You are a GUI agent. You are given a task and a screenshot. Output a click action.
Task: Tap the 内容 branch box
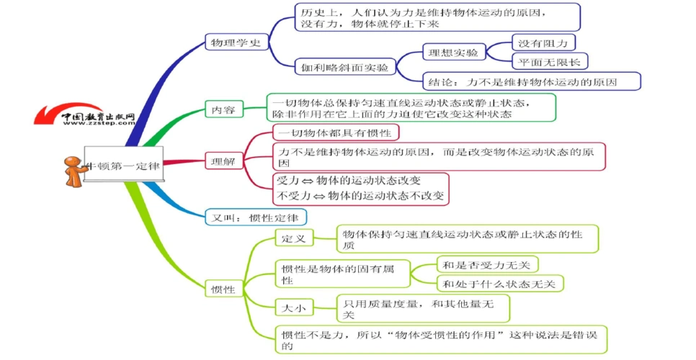pyautogui.click(x=223, y=110)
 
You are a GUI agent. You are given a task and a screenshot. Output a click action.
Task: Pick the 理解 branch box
pyautogui.click(x=223, y=162)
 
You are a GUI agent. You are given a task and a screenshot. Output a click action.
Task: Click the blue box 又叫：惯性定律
pyautogui.click(x=256, y=217)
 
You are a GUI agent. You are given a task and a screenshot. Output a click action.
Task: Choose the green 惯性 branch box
pyautogui.click(x=223, y=289)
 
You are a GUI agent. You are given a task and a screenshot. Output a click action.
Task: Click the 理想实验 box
pyautogui.click(x=453, y=53)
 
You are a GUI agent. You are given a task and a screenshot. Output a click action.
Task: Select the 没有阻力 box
pyautogui.click(x=543, y=42)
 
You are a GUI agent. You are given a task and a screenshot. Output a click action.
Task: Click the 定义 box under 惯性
pyautogui.click(x=294, y=238)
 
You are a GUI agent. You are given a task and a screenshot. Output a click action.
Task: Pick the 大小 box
pyautogui.click(x=294, y=308)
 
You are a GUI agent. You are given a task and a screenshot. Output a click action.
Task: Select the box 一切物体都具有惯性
pyautogui.click(x=335, y=133)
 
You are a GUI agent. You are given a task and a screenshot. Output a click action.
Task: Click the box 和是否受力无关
pyautogui.click(x=488, y=265)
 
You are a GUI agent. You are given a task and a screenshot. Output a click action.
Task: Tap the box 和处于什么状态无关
pyautogui.click(x=499, y=284)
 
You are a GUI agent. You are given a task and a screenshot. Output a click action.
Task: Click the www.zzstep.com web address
pyautogui.click(x=99, y=123)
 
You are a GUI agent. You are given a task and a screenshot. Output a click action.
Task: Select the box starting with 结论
pyautogui.click(x=520, y=81)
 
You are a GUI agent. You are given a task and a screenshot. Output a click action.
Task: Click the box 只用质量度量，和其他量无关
pyautogui.click(x=424, y=309)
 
